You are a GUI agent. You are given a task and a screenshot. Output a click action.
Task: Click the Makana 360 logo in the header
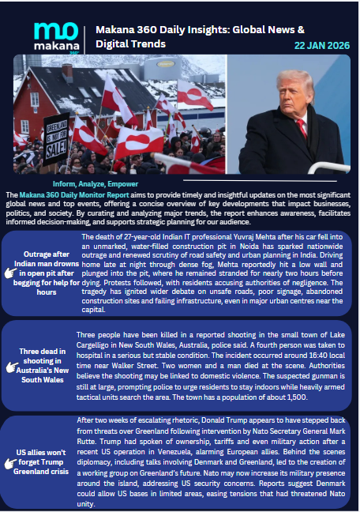click(54, 36)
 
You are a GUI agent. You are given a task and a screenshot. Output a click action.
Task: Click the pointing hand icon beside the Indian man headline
click(11, 272)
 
